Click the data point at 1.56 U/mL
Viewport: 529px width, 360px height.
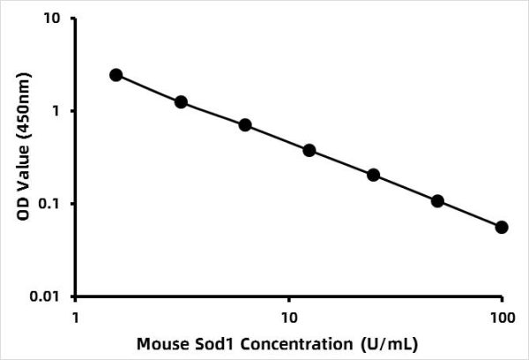pos(116,75)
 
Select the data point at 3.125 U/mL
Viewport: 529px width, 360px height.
pos(181,102)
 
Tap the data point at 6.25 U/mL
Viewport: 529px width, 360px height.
pos(245,125)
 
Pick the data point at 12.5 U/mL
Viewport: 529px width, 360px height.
pos(309,150)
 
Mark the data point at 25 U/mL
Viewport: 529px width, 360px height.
pos(374,175)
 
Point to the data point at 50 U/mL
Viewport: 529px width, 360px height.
pos(438,201)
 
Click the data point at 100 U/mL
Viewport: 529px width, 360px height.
pos(503,227)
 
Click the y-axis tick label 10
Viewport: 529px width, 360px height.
pos(55,19)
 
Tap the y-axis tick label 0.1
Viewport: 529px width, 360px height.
pos(53,204)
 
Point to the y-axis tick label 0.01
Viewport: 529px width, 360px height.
pos(49,296)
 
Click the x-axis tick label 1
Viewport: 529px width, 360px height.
pos(76,315)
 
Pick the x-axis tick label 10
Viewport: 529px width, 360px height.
pos(288,315)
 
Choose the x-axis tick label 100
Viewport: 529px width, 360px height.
pos(502,315)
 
